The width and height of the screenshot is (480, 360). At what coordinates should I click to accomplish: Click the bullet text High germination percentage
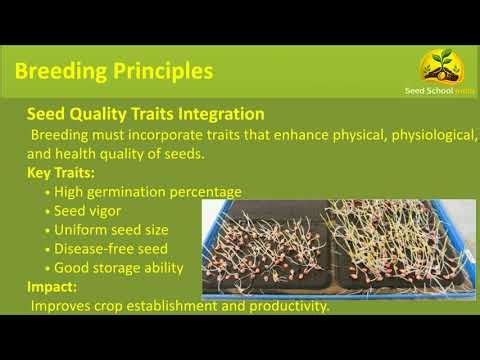[x=149, y=191]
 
